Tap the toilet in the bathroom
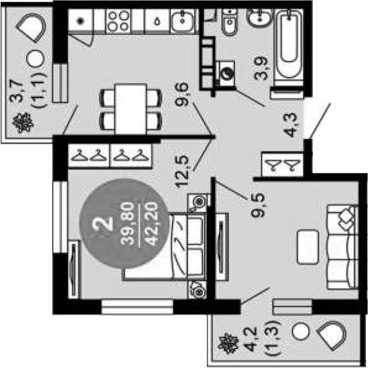pyautogui.click(x=230, y=23)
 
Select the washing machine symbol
pyautogui.click(x=227, y=73)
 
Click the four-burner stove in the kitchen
pyautogui.click(x=119, y=21)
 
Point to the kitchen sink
pyautogui.click(x=183, y=20)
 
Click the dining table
pyautogui.click(x=131, y=109)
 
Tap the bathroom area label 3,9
pyautogui.click(x=261, y=69)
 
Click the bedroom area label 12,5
pyautogui.click(x=182, y=172)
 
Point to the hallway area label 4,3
pyautogui.click(x=292, y=125)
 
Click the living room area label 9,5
pyautogui.click(x=258, y=205)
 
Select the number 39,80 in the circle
pyautogui.click(x=128, y=224)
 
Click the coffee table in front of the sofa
pyautogui.click(x=308, y=247)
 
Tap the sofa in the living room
pyautogui.click(x=343, y=247)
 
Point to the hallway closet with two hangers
pyautogui.click(x=283, y=165)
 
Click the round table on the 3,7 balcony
pyautogui.click(x=35, y=59)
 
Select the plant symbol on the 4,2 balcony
pyautogui.click(x=227, y=343)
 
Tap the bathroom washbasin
pyautogui.click(x=260, y=17)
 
